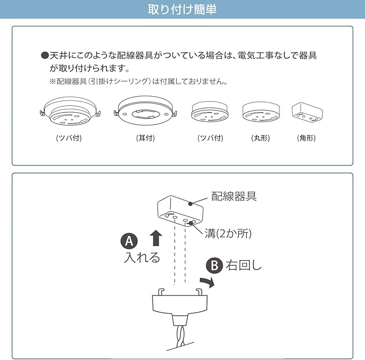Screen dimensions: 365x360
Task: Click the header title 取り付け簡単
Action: point(182,10)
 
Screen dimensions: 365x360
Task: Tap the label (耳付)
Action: point(145,138)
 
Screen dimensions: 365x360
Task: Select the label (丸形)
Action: point(260,138)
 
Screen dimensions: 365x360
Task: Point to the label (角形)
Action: point(306,138)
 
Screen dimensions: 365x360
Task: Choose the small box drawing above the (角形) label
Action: point(306,111)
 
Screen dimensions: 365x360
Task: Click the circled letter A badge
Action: point(129,240)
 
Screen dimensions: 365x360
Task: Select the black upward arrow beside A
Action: point(155,238)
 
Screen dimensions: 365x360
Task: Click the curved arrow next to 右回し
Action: point(207,282)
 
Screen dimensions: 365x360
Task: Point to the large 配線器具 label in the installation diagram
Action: point(234,196)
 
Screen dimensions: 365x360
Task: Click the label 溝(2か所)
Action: point(228,234)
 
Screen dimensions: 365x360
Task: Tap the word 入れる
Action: point(142,257)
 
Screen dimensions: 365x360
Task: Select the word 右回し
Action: point(244,265)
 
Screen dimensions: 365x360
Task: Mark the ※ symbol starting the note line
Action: point(52,82)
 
